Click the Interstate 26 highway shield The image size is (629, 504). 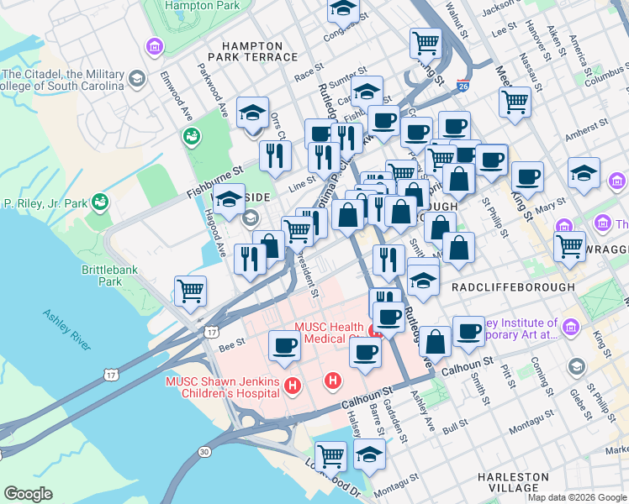pyautogui.click(x=462, y=86)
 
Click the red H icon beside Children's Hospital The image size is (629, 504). pyautogui.click(x=293, y=386)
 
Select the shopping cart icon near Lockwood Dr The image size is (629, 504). pyautogui.click(x=331, y=454)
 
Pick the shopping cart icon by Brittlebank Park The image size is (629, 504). pyautogui.click(x=190, y=291)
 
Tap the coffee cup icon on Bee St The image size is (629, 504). pyautogui.click(x=284, y=345)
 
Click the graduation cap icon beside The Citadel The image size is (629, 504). pyautogui.click(x=135, y=79)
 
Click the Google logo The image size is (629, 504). pyautogui.click(x=29, y=493)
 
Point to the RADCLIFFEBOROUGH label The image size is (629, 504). pyautogui.click(x=513, y=287)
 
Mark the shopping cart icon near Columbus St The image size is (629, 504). pyautogui.click(x=515, y=102)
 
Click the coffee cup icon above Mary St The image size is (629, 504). pyautogui.click(x=527, y=176)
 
